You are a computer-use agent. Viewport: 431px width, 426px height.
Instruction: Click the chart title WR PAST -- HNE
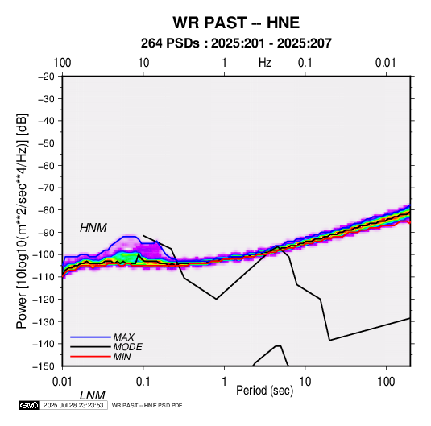tap(236, 23)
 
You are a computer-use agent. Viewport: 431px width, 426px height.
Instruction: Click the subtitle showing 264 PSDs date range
tap(236, 43)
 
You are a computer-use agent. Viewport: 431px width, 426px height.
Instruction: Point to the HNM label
tap(93, 228)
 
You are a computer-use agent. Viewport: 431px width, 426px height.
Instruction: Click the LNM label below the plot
tap(93, 395)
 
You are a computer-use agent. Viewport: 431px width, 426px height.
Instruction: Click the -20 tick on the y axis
tap(46, 77)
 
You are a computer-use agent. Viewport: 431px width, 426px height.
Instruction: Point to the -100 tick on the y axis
tap(44, 254)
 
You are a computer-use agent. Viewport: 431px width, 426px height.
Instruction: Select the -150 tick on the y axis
tap(44, 366)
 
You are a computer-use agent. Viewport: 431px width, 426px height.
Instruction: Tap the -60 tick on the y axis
tap(46, 165)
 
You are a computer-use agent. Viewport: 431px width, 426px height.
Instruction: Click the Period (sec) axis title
tap(265, 391)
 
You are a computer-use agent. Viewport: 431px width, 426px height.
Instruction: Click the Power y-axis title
tap(22, 221)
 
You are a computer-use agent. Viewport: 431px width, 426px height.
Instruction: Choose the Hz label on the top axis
tap(265, 63)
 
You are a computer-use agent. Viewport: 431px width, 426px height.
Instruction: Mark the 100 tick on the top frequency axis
tap(62, 63)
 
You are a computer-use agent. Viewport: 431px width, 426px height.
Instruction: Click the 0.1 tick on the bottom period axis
tap(143, 382)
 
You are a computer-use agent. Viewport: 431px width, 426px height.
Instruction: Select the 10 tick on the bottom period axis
tap(305, 382)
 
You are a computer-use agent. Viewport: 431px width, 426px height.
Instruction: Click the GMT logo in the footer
tap(30, 405)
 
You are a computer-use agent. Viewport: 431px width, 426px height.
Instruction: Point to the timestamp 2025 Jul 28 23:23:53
tap(73, 405)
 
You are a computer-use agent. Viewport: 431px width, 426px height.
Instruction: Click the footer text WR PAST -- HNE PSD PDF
tap(147, 405)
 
